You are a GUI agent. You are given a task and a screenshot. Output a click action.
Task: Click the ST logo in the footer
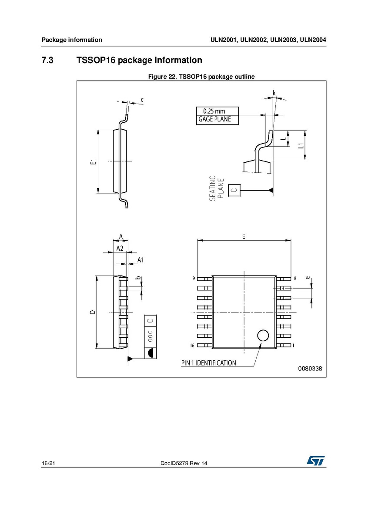315,460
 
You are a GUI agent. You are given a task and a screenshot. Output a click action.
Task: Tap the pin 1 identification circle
263,336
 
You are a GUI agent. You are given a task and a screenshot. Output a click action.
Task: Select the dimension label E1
94,161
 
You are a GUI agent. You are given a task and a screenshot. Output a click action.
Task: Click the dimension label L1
301,145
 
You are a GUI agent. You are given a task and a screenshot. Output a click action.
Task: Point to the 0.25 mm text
214,111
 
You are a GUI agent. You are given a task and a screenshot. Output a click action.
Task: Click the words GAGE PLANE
214,119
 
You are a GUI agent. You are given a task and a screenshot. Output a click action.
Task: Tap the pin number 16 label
192,346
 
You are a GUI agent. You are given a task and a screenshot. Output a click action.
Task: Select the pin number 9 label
194,279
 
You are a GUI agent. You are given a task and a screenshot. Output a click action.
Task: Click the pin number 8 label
295,279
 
